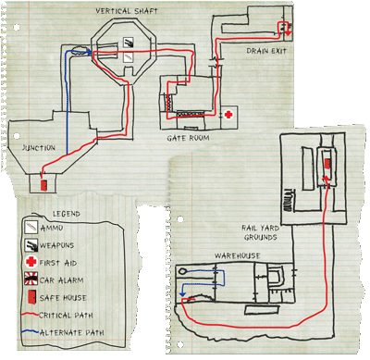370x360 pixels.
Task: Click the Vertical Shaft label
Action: coord(127,11)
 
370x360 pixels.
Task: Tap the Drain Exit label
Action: coord(266,51)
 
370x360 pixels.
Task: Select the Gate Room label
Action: coord(188,138)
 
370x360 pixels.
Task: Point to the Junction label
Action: coord(39,148)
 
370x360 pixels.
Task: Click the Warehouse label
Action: coord(238,255)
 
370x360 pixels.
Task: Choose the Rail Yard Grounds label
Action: coord(261,232)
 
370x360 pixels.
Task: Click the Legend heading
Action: coord(67,214)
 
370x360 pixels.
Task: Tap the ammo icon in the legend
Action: coord(31,228)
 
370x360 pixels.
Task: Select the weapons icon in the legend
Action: coord(31,245)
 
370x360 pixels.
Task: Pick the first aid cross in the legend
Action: coord(31,262)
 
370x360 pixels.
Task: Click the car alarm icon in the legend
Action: coord(31,279)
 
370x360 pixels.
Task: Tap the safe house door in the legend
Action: coord(31,297)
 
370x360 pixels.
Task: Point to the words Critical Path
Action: coord(66,316)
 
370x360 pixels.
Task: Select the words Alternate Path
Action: coord(72,333)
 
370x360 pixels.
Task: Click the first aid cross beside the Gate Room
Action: coord(228,115)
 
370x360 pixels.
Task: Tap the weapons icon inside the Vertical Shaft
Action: coord(129,43)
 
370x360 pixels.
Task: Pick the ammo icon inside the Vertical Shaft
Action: coord(128,57)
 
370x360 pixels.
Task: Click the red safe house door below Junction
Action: coord(43,185)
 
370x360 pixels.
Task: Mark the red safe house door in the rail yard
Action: coord(327,163)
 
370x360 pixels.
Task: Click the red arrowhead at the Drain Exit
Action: coord(288,32)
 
